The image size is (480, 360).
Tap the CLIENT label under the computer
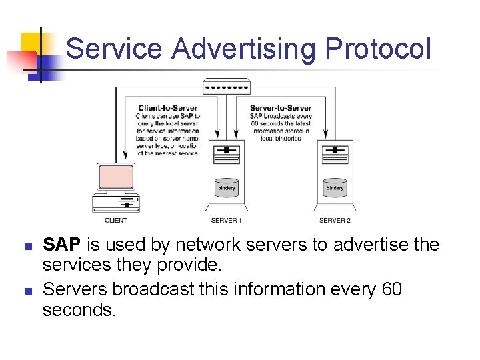[116, 220]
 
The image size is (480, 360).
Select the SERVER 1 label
[226, 220]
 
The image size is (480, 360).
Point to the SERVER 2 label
[335, 220]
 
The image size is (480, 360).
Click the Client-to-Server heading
[169, 108]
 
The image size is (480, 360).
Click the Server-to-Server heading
[281, 108]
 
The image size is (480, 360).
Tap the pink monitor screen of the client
[117, 177]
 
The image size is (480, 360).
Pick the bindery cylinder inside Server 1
[227, 187]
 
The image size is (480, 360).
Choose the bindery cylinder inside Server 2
[335, 187]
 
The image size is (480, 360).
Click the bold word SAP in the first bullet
[58, 245]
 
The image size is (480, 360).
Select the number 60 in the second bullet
[392, 290]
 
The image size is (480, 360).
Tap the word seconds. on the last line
[79, 310]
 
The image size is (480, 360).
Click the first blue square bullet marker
[27, 247]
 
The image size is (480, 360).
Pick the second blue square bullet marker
[27, 291]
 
